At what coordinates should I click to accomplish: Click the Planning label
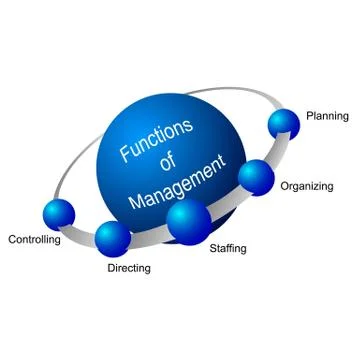pyautogui.click(x=326, y=116)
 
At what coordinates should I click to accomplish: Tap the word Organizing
pyautogui.click(x=307, y=186)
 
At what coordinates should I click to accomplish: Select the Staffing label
pyautogui.click(x=228, y=247)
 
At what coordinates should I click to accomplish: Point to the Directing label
pyautogui.click(x=128, y=268)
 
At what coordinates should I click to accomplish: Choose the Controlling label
pyautogui.click(x=34, y=240)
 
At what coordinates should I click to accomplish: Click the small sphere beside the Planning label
pyautogui.click(x=284, y=123)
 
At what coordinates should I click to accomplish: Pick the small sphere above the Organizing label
pyautogui.click(x=257, y=176)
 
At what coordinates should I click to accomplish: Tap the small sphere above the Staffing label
pyautogui.click(x=188, y=221)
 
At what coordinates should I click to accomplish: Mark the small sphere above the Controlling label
pyautogui.click(x=59, y=213)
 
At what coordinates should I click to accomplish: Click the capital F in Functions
pyautogui.click(x=124, y=154)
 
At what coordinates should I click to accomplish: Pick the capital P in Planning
pyautogui.click(x=309, y=116)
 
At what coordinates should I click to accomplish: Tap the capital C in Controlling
pyautogui.click(x=12, y=240)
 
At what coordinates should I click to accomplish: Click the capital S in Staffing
pyautogui.click(x=213, y=247)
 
